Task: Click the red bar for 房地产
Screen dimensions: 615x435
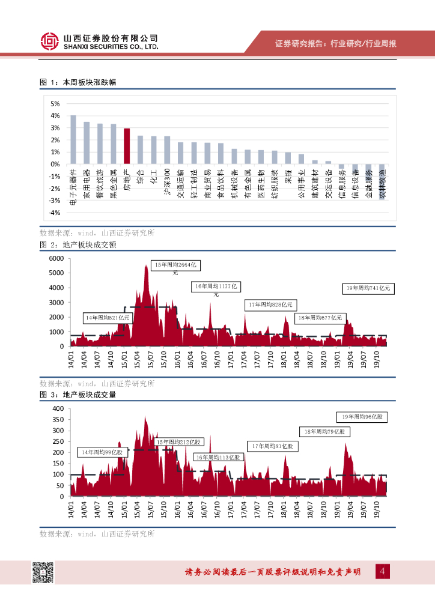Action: coord(127,146)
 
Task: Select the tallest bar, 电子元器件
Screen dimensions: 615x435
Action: coord(73,139)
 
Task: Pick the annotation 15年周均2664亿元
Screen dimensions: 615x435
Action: coord(176,265)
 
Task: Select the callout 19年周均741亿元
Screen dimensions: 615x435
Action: coord(368,289)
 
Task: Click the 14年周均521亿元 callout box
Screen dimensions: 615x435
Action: coord(107,317)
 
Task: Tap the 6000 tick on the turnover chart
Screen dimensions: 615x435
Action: coord(56,258)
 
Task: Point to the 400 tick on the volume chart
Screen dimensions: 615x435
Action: coord(58,408)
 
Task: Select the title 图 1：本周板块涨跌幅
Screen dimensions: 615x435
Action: coord(77,82)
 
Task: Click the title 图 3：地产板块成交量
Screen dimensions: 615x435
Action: coord(77,395)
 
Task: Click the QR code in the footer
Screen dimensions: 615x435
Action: coord(43,572)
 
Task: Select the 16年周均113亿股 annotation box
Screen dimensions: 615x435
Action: coord(217,458)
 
